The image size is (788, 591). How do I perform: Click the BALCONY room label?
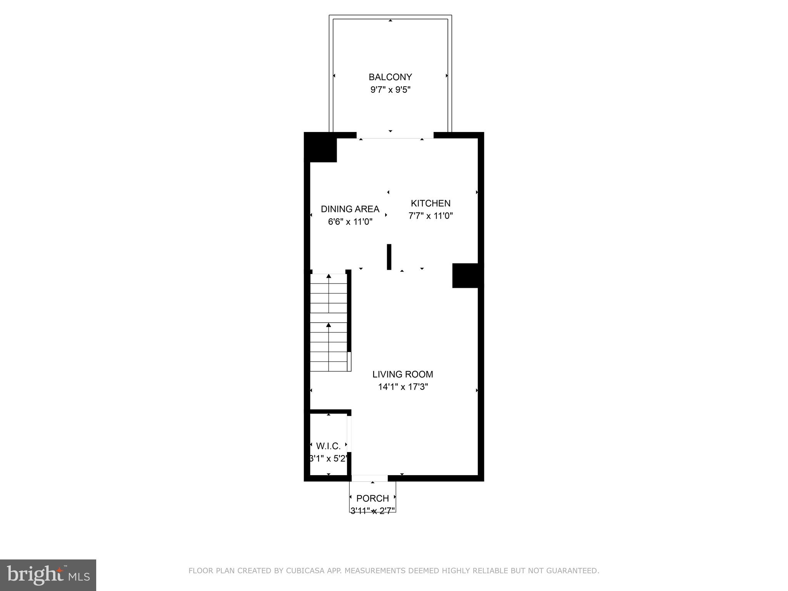[x=390, y=77]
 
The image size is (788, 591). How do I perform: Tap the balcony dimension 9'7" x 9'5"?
[x=390, y=90]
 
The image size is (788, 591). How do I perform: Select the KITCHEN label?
[x=430, y=203]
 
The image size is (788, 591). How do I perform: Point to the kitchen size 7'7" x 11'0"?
[x=430, y=216]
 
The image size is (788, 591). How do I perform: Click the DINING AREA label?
[x=350, y=209]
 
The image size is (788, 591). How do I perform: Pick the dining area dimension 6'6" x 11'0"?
[x=350, y=222]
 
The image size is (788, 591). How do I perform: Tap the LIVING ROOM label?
[x=402, y=374]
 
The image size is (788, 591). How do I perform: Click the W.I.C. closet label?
[x=328, y=446]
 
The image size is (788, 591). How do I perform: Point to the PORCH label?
[x=372, y=499]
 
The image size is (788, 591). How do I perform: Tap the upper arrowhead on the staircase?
[x=329, y=276]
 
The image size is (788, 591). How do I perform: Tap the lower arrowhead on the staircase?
[x=329, y=325]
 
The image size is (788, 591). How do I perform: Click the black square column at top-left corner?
[x=321, y=147]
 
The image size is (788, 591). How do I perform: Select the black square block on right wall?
[x=467, y=275]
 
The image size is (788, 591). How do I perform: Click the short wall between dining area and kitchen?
[x=389, y=257]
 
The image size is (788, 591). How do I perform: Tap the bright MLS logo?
[x=48, y=575]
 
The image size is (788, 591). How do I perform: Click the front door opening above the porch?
[x=369, y=478]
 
